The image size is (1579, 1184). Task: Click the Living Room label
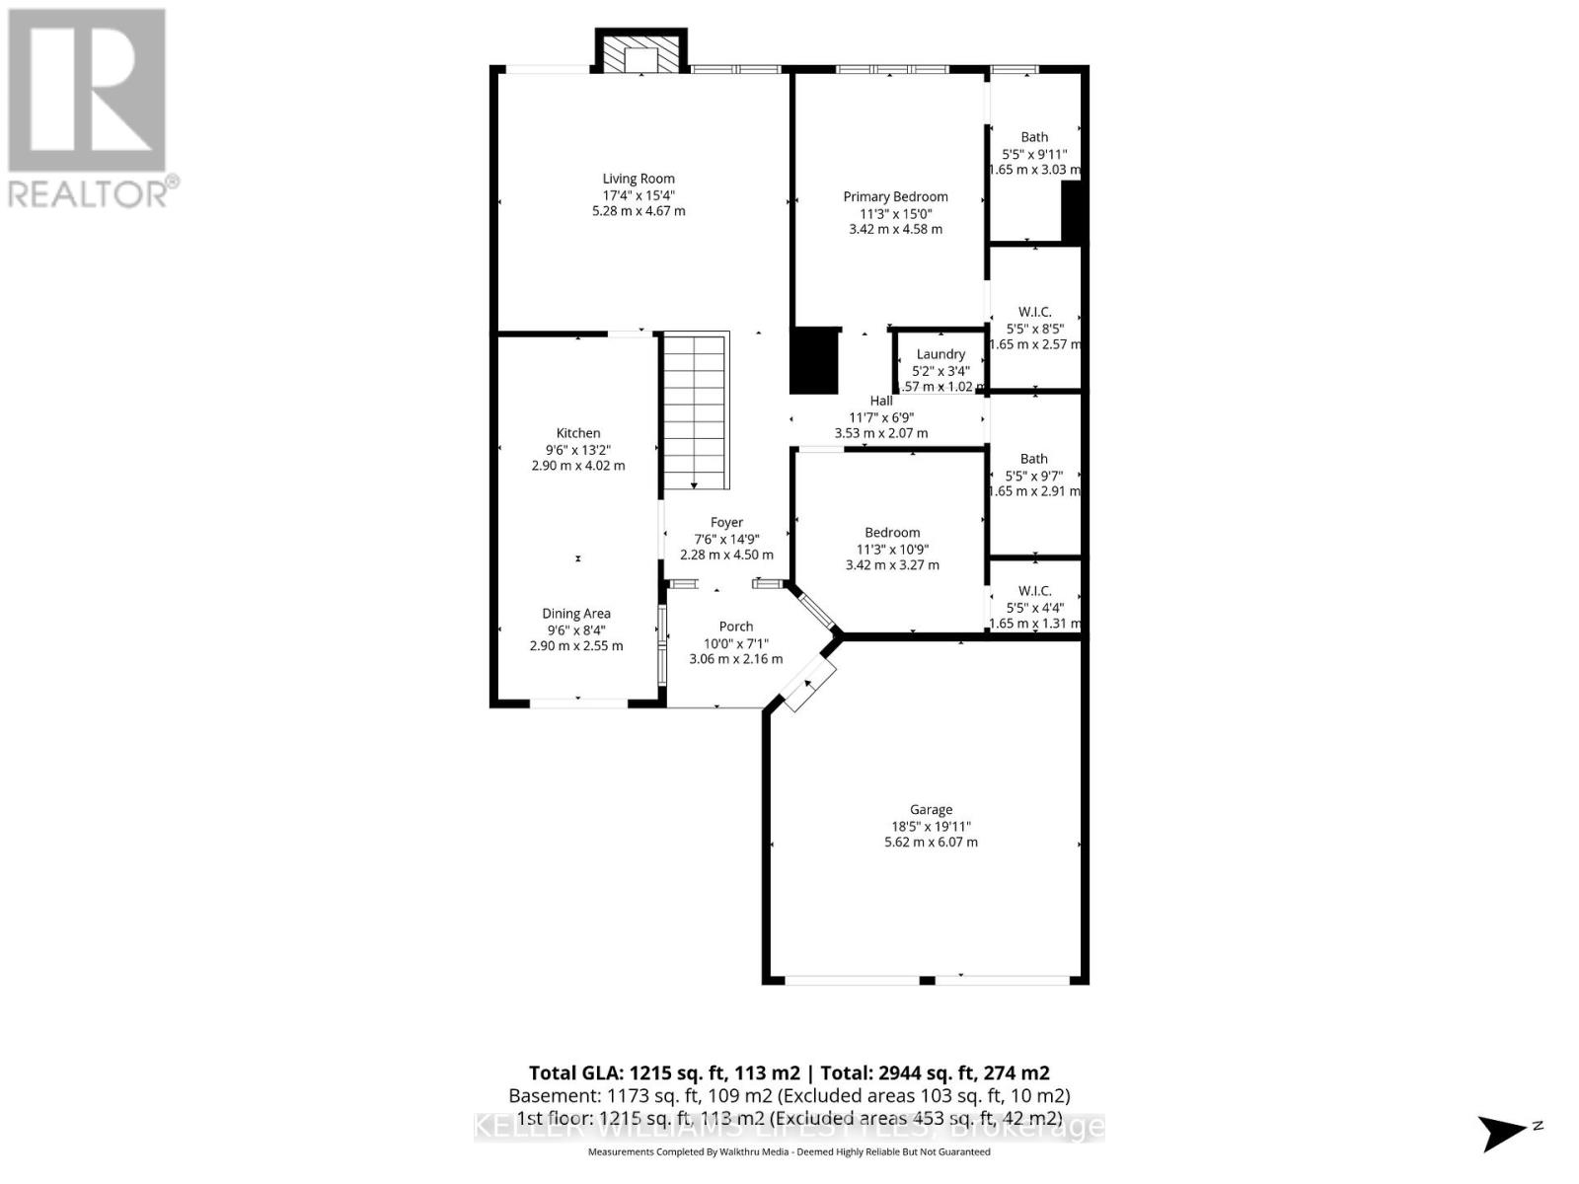[639, 179]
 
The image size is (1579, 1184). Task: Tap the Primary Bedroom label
[895, 196]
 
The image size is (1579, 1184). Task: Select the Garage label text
[931, 809]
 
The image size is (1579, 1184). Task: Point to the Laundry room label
[940, 354]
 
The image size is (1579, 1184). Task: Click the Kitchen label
[578, 433]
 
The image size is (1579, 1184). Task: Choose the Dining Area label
[576, 614]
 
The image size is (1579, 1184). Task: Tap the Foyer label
[726, 523]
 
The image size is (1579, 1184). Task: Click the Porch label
[736, 627]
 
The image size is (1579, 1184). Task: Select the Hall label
[881, 401]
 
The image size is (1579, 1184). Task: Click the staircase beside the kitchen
[696, 410]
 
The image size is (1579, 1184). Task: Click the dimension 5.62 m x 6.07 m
[931, 843]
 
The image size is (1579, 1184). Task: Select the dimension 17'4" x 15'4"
[639, 195]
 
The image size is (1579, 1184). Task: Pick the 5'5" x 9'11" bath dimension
[1034, 154]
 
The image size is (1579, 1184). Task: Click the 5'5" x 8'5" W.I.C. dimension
[1034, 329]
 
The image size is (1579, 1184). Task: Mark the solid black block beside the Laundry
[815, 360]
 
